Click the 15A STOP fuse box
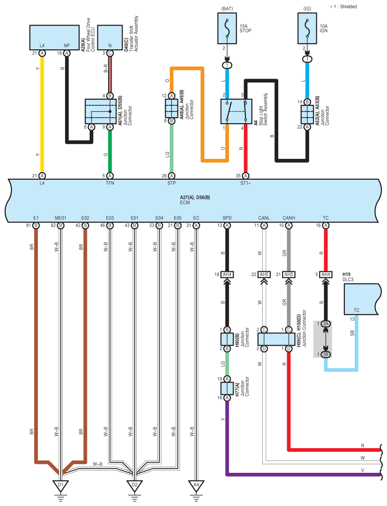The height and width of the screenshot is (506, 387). (227, 28)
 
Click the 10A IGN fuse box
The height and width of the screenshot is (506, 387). (307, 28)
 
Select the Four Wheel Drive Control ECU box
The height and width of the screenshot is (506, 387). (54, 37)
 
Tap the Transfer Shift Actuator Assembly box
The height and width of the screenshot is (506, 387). (110, 37)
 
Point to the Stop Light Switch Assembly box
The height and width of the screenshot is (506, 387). (236, 111)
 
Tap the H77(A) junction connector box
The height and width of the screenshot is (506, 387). (227, 388)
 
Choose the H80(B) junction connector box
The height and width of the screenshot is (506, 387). (227, 339)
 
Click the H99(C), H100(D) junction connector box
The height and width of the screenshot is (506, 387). (276, 339)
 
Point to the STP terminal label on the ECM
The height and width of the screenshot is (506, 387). (171, 184)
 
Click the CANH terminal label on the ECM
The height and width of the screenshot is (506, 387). (289, 218)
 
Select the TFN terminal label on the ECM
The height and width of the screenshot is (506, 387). (110, 184)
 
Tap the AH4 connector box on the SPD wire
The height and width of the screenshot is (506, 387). (227, 275)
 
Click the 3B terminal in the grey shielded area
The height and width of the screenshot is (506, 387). (326, 354)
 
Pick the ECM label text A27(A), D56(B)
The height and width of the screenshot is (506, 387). (195, 197)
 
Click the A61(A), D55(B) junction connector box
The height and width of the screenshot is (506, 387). (101, 111)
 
